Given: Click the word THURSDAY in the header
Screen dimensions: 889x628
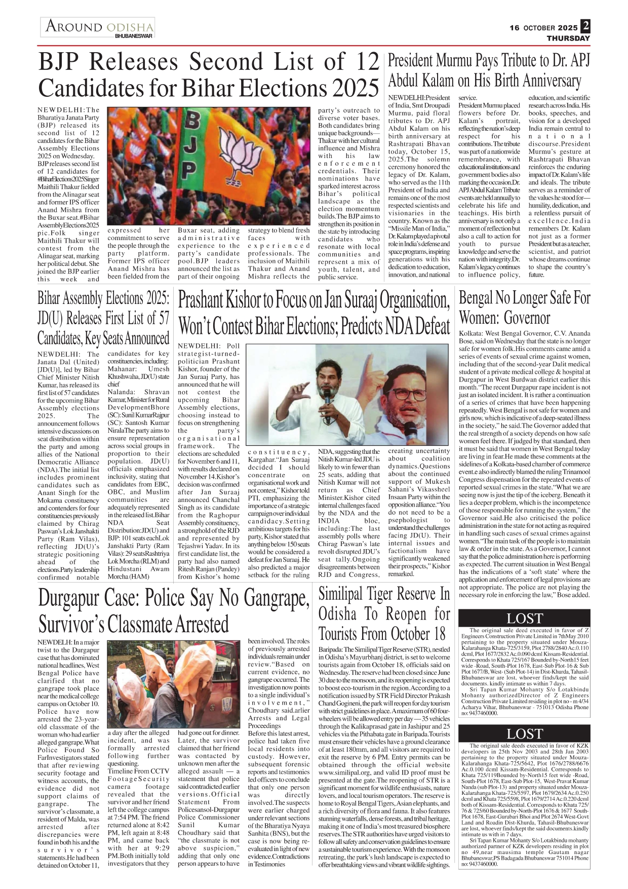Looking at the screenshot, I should pyautogui.click(x=568, y=38).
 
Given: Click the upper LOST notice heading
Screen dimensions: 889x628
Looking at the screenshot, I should pyautogui.click(x=524, y=619).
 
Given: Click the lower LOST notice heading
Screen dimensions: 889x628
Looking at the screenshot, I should pyautogui.click(x=524, y=733).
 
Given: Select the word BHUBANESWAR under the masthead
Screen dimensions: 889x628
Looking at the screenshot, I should pyautogui.click(x=133, y=36).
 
